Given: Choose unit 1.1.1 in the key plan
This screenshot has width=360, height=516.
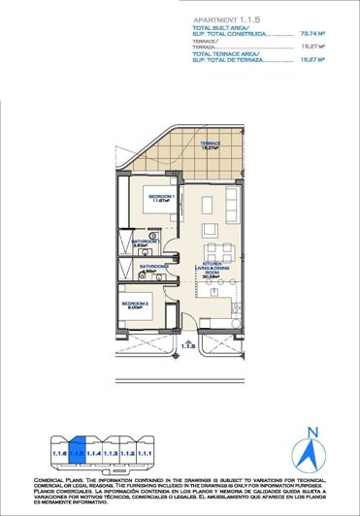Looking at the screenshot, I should (145, 453).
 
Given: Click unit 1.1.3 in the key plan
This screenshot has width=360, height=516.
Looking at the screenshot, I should (111, 453).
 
